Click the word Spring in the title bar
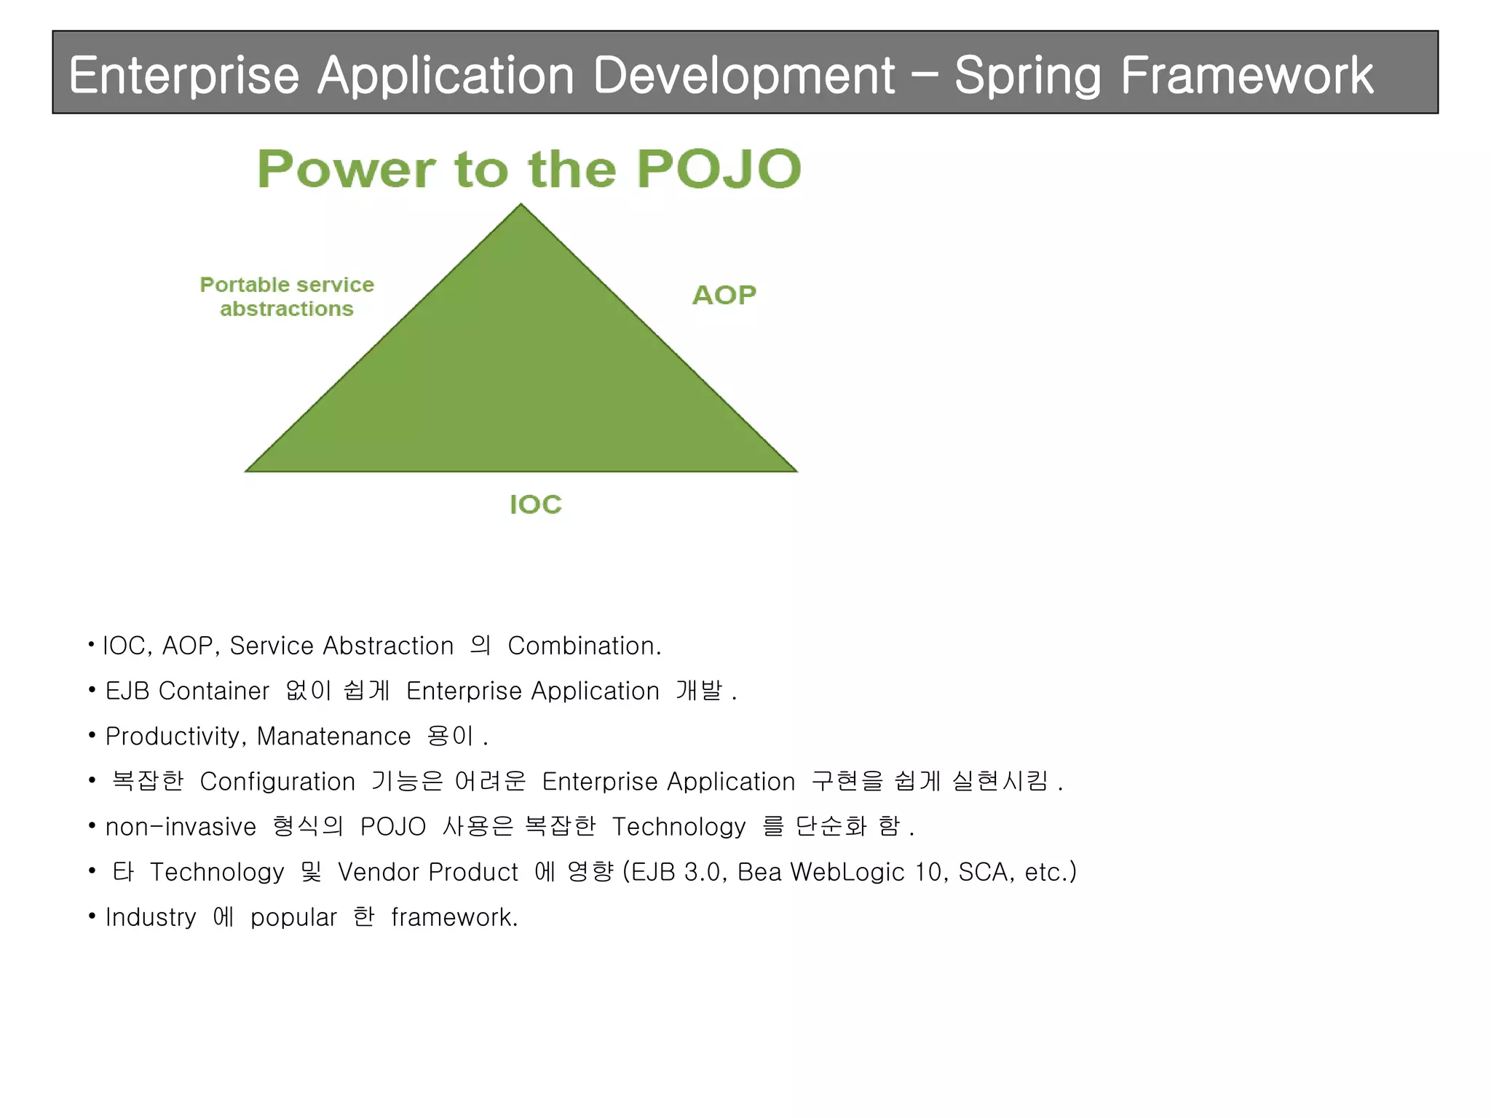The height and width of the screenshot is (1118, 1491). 1027,76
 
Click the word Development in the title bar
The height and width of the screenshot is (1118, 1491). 743,75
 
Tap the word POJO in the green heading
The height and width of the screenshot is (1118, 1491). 719,169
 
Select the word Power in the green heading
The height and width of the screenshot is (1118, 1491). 346,169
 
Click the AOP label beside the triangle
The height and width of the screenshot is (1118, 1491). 724,295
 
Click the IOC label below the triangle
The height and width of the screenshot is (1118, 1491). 535,504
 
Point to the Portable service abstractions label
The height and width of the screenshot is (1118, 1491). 287,296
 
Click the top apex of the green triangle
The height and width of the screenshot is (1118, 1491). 521,207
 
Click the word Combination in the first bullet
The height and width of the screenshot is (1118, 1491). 584,646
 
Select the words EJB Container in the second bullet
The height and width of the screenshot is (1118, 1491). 187,691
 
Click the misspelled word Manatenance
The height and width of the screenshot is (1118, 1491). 333,737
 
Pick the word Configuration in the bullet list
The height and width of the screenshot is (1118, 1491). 277,782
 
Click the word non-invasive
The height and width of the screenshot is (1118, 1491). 181,827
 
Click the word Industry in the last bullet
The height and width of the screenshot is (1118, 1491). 151,917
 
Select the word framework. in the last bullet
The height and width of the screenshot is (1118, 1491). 454,917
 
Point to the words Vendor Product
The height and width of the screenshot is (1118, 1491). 427,872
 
